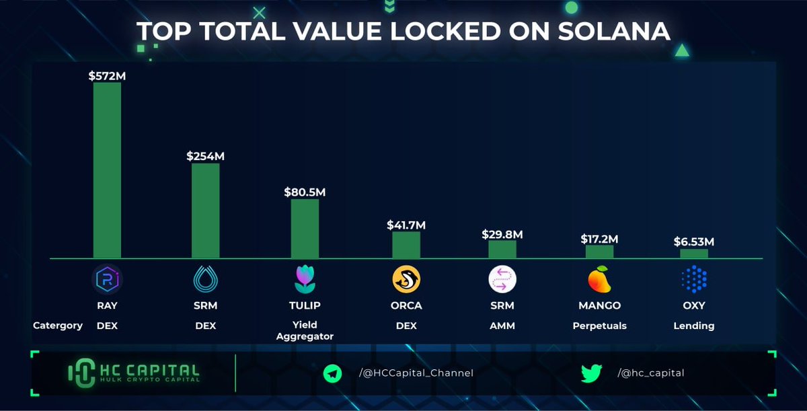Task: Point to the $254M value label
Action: click(x=205, y=156)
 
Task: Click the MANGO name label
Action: click(x=599, y=305)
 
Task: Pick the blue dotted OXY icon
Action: click(x=694, y=279)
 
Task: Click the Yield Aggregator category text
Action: click(x=305, y=330)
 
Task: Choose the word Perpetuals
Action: click(x=599, y=326)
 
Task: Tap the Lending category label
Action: click(x=694, y=326)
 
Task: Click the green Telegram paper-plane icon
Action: click(x=332, y=373)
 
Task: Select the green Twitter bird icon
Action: click(x=591, y=373)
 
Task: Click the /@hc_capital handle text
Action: click(x=651, y=373)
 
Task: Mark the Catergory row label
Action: click(x=58, y=326)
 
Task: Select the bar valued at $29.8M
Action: click(x=502, y=250)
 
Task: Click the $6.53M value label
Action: click(x=694, y=241)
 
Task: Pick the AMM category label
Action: click(x=502, y=326)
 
